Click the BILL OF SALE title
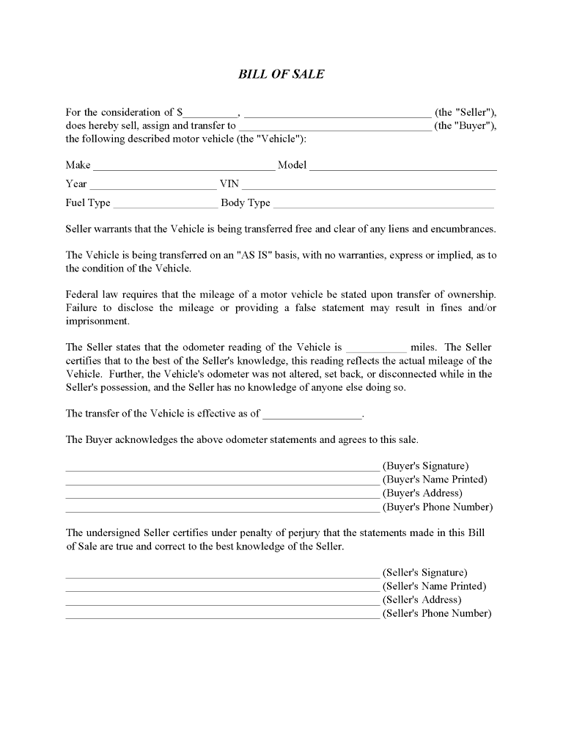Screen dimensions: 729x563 [281, 74]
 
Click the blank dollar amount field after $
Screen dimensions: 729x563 [210, 114]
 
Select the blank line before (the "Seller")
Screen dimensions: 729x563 [337, 114]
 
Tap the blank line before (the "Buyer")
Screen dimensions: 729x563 [335, 127]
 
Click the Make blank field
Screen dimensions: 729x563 [183, 166]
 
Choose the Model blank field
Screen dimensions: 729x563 [402, 166]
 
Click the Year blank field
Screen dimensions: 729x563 [152, 185]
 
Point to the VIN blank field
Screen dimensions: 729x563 [369, 185]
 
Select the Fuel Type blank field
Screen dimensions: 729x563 [165, 204]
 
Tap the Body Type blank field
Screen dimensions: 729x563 [383, 204]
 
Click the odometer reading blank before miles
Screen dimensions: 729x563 [375, 348]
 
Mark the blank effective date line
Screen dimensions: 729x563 [312, 414]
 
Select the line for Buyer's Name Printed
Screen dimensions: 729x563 [222, 481]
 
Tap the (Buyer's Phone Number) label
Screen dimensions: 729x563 [438, 507]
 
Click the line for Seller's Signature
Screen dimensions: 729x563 [222, 574]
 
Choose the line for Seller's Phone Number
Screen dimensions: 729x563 [222, 616]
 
